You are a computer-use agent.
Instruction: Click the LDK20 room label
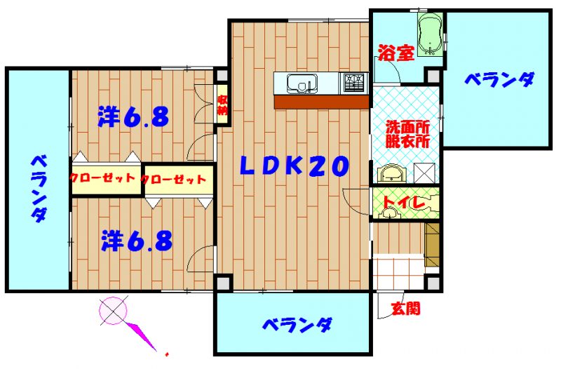(x=293, y=166)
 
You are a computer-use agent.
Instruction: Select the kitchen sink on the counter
(x=302, y=83)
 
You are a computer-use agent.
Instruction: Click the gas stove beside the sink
(x=354, y=83)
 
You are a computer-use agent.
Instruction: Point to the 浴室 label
(x=396, y=53)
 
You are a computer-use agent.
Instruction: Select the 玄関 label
(x=406, y=308)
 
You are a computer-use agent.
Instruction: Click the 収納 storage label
(x=222, y=105)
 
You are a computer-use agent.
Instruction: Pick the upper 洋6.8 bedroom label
(x=133, y=116)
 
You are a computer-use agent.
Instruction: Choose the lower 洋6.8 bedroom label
(x=136, y=240)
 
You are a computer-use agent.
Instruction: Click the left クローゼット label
(x=102, y=177)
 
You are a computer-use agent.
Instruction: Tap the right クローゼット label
(x=174, y=180)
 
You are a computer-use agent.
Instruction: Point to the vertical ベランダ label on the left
(x=39, y=189)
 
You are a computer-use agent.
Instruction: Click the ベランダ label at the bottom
(x=297, y=324)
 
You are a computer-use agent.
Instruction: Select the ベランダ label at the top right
(x=500, y=79)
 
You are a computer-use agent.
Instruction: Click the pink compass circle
(x=113, y=310)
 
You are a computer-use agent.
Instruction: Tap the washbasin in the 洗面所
(x=393, y=175)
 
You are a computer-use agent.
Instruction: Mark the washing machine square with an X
(x=424, y=173)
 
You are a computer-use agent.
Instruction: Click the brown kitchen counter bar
(x=321, y=102)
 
